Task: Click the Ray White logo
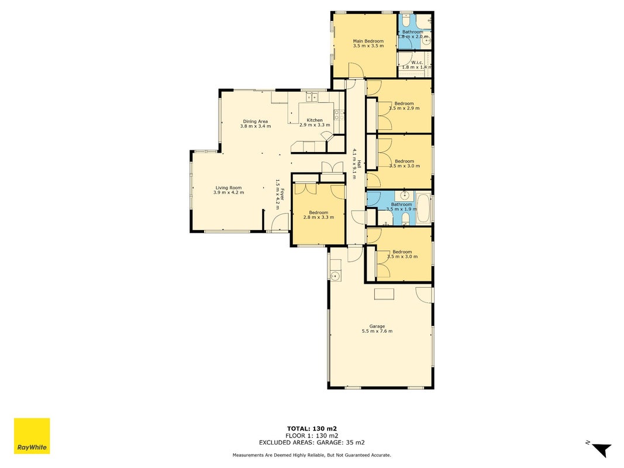[x=32, y=436]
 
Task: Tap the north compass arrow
[x=601, y=449]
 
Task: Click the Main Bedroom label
[x=368, y=41]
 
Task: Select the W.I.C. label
[x=417, y=63]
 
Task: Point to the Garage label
[x=377, y=326]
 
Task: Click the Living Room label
[x=229, y=188]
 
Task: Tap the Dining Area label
[x=256, y=121]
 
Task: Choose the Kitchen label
[x=315, y=120]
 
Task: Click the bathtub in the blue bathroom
[x=424, y=208]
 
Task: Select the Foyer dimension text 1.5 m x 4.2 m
[x=278, y=194]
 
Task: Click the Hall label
[x=359, y=164]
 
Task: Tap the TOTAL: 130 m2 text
[x=312, y=429]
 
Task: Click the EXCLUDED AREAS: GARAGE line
[x=312, y=442]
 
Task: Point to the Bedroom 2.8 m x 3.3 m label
[x=318, y=215]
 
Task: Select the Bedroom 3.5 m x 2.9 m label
[x=404, y=106]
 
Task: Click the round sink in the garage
[x=335, y=276]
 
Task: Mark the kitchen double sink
[x=312, y=97]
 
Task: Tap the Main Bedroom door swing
[x=356, y=70]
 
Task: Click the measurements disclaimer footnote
[x=312, y=455]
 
